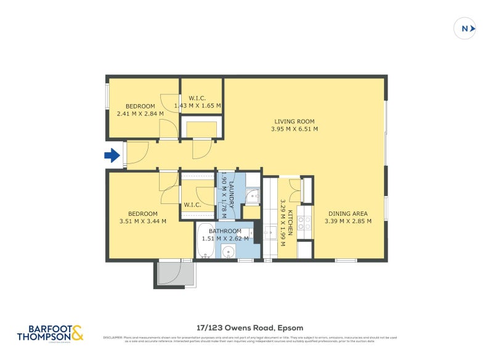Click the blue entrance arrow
[112, 155]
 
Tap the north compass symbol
[465, 28]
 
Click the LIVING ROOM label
[295, 121]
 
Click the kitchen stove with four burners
[304, 223]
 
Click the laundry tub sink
[253, 197]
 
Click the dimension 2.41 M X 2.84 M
[141, 113]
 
